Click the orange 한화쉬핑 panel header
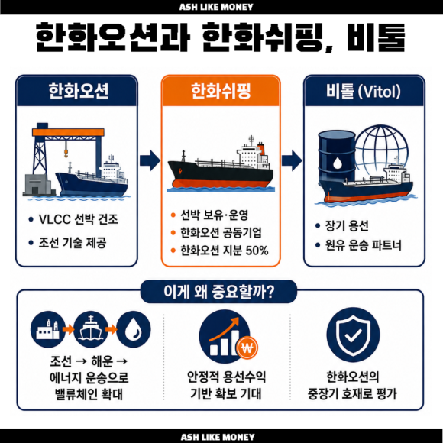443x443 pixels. [221, 91]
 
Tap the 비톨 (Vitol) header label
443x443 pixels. [364, 91]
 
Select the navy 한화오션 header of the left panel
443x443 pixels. [77, 91]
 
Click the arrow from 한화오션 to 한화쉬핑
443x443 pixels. [150, 160]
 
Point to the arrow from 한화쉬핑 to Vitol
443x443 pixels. [292, 160]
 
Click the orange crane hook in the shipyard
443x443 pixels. [66, 154]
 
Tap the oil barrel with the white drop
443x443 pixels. [337, 158]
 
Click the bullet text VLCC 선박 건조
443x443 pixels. [78, 219]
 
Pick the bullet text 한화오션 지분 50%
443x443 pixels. [225, 251]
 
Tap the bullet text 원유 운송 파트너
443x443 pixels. [364, 245]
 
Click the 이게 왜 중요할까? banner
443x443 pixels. [218, 292]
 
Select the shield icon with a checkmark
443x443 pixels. [353, 335]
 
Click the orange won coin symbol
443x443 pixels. [247, 348]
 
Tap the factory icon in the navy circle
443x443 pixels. [48, 329]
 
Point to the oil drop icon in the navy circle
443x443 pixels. [134, 329]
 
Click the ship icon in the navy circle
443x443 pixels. [91, 329]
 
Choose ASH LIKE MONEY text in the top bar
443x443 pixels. [216, 7]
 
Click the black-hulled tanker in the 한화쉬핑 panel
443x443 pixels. [221, 166]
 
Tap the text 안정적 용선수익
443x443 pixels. [226, 377]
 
